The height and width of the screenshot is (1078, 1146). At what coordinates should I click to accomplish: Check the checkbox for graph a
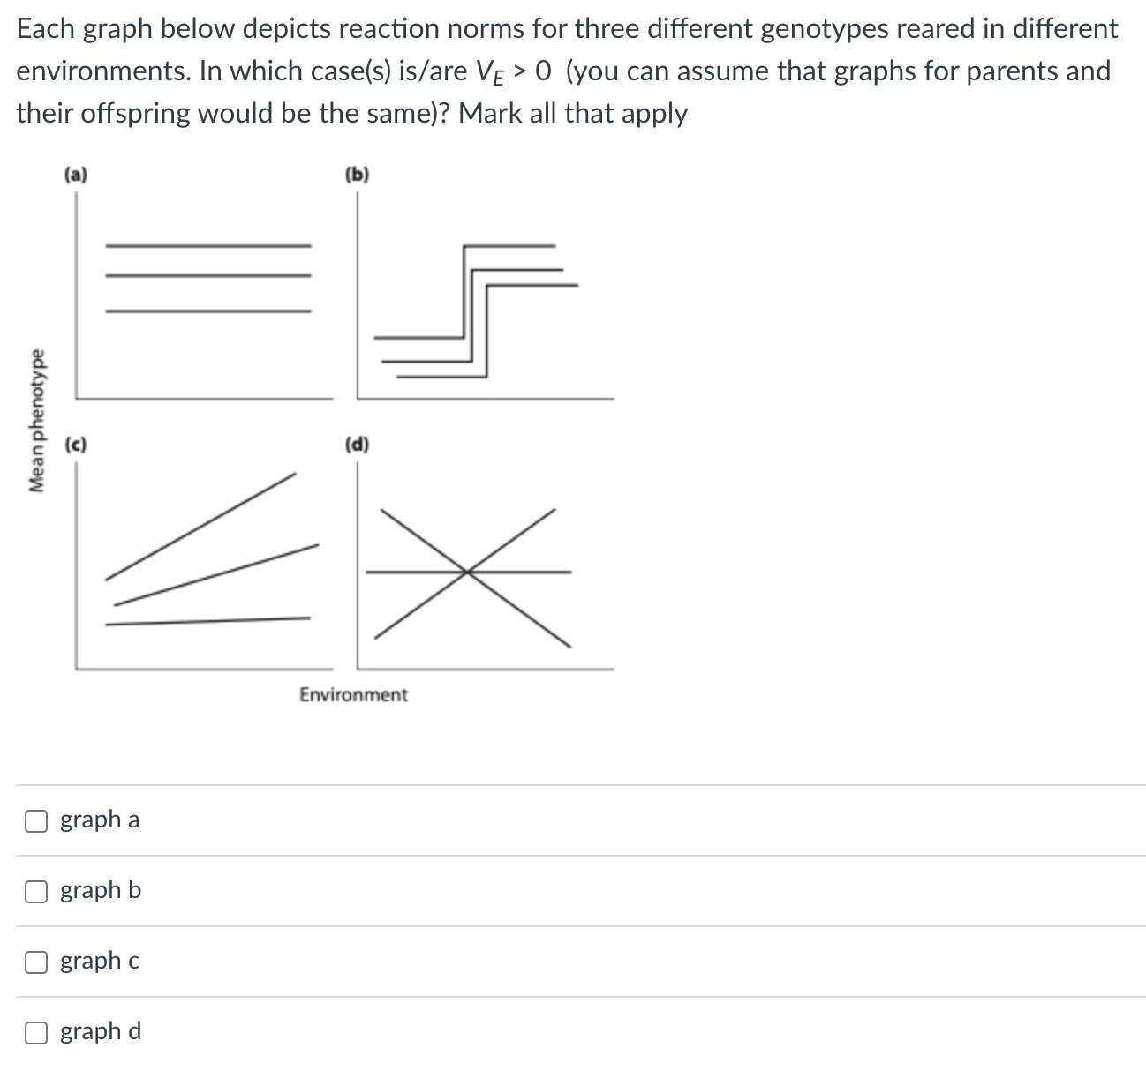36,820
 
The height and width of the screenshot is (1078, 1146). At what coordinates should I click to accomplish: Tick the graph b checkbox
36,891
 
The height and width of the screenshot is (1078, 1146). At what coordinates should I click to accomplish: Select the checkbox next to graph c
36,962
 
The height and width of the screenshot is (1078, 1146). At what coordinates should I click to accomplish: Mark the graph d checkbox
36,1032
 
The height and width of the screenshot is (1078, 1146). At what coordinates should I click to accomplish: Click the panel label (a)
76,174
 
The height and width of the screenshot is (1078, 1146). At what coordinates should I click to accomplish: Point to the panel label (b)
358,174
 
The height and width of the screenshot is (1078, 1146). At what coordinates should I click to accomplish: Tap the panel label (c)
76,444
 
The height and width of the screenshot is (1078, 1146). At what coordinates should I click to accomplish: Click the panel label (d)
358,444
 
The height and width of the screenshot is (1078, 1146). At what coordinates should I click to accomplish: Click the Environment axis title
353,695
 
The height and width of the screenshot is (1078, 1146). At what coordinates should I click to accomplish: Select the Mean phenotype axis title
36,421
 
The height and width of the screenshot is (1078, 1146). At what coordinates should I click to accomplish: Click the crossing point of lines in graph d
468,572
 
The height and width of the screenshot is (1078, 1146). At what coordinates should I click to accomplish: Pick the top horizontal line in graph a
208,245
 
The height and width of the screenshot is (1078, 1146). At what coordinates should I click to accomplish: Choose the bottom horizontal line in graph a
208,311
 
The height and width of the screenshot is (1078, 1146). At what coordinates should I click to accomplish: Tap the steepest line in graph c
201,527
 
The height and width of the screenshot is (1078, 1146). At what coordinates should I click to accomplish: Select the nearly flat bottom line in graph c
208,621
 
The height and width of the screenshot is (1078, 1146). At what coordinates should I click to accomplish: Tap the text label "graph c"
100,961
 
